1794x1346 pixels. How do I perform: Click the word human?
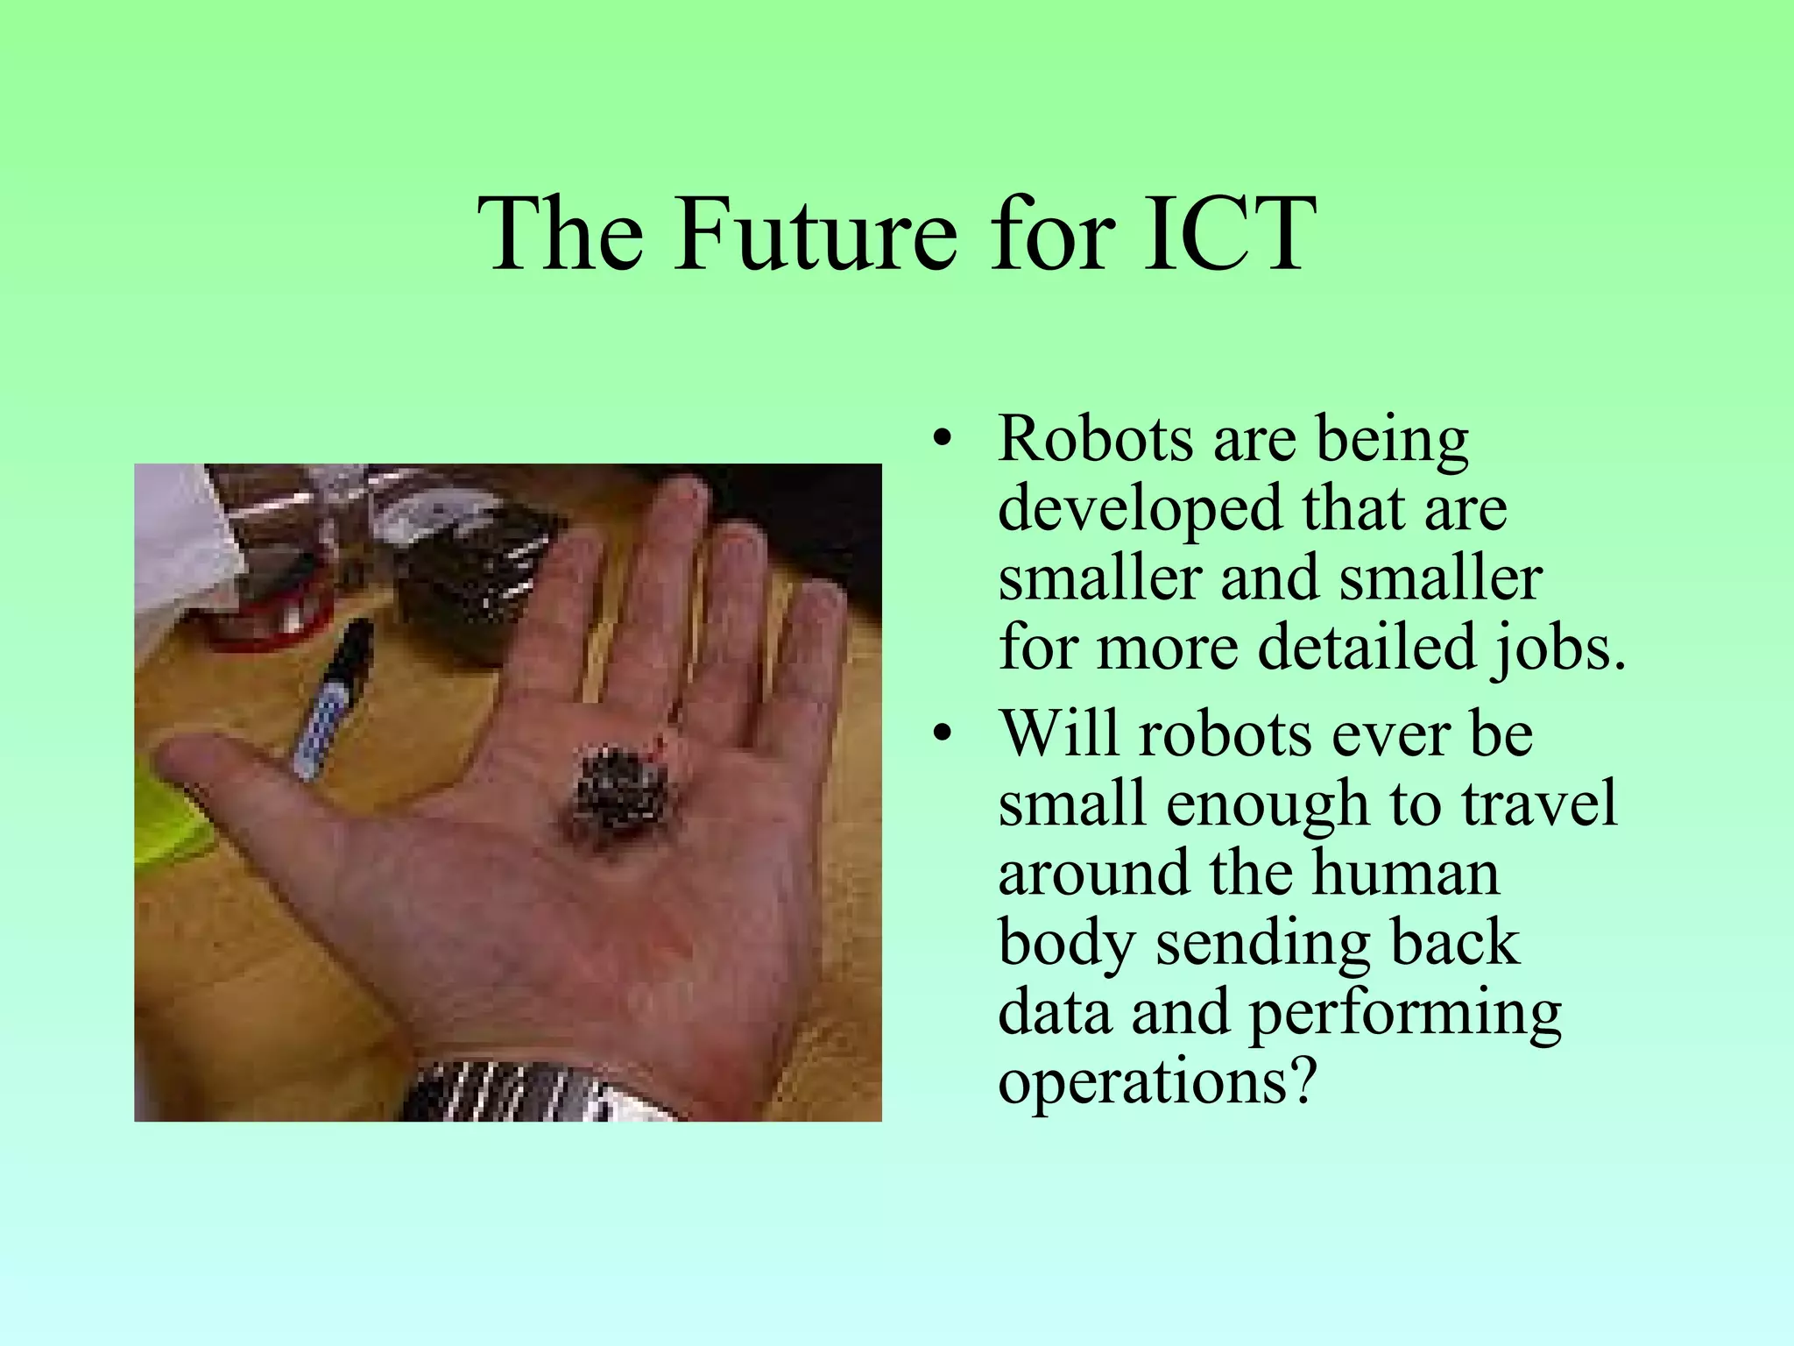(1406, 873)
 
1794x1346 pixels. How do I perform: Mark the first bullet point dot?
(942, 441)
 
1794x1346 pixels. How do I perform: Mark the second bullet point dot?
(942, 734)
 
